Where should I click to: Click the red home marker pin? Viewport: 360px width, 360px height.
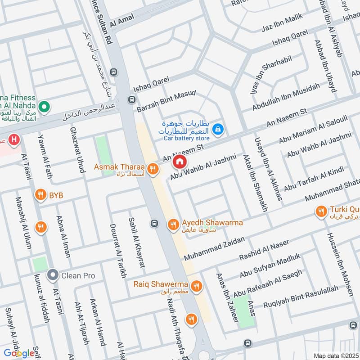(180, 161)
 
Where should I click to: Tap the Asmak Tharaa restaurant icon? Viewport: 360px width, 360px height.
(153, 169)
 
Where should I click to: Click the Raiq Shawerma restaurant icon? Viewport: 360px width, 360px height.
(196, 286)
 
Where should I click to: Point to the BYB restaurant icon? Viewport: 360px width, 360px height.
(41, 195)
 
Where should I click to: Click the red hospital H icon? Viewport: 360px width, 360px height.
(14, 140)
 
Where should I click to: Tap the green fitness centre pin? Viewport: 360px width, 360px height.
(44, 107)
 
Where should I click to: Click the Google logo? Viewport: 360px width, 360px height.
(19, 353)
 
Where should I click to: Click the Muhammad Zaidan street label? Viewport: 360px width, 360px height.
(214, 248)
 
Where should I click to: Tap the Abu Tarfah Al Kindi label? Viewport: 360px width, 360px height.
(314, 178)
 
